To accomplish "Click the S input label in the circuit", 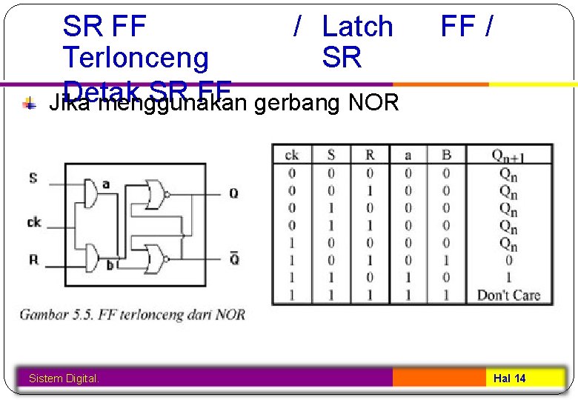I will click(x=33, y=178).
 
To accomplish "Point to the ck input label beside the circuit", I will click(x=34, y=221).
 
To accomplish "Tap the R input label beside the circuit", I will click(x=33, y=259).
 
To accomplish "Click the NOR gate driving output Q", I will click(x=155, y=194).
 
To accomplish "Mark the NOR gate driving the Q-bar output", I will click(x=155, y=258).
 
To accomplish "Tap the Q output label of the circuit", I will click(x=233, y=193).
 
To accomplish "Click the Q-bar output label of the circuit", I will click(x=233, y=259).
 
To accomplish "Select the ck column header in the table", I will click(x=292, y=155).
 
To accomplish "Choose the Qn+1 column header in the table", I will click(x=508, y=155).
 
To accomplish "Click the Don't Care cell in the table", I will click(x=508, y=296).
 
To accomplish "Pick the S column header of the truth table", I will click(x=331, y=155).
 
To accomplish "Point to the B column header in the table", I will click(x=447, y=155).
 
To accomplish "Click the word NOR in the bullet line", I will click(x=373, y=102).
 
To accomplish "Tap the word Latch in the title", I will click(x=357, y=27).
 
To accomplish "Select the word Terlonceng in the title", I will click(x=136, y=57).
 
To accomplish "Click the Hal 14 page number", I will click(x=510, y=379).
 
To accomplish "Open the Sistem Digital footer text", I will click(x=64, y=379).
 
